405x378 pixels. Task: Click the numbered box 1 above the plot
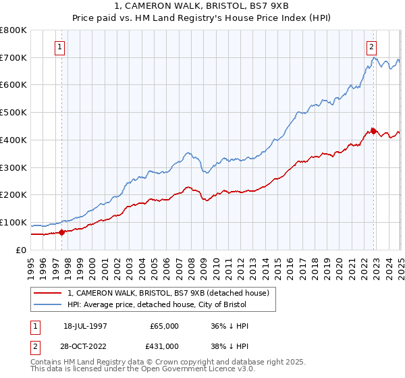[61, 47]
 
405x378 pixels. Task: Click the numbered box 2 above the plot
[372, 47]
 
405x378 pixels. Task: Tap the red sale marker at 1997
[62, 232]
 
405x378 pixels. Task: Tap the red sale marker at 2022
[373, 131]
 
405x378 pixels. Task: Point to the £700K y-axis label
[13, 57]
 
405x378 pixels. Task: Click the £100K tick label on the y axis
[13, 222]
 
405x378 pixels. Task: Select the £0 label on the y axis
[22, 250]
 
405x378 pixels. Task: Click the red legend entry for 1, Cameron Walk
[168, 293]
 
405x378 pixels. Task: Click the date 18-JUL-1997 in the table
[86, 326]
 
